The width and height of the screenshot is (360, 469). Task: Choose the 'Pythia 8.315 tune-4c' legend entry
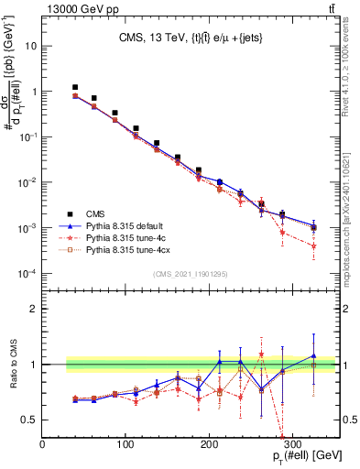127,235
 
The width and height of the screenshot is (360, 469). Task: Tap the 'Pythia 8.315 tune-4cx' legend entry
130,248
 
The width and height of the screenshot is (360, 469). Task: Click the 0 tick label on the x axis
42,447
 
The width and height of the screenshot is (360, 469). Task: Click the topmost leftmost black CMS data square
75,87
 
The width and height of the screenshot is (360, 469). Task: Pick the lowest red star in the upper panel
313,245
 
